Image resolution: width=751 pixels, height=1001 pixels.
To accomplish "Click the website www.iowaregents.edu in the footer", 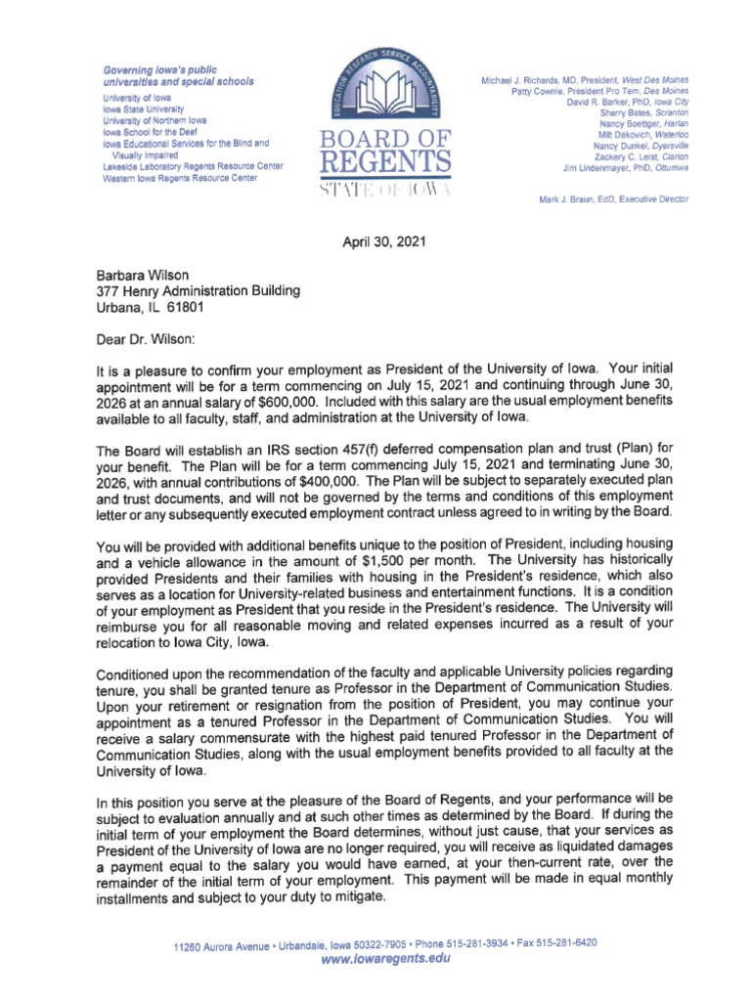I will point(384,959).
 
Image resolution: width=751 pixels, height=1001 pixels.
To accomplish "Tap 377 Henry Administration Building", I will point(191,292).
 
